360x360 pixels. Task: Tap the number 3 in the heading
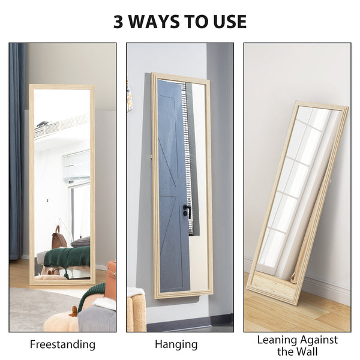119,22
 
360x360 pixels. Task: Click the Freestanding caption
62,344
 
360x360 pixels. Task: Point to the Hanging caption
176,344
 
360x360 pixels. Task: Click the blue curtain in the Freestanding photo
16,150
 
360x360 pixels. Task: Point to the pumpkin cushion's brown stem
73,311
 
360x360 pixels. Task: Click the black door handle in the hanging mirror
187,211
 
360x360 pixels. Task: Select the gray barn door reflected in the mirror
172,180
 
